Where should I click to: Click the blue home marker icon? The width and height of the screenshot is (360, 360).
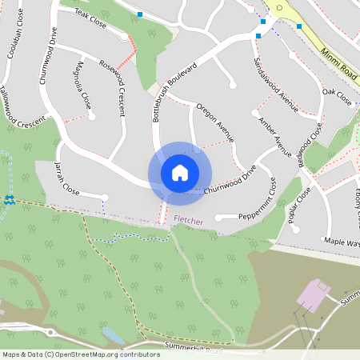click(x=180, y=173)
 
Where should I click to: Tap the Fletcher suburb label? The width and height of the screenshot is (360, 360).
click(x=188, y=219)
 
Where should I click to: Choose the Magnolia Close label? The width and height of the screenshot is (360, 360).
click(x=82, y=85)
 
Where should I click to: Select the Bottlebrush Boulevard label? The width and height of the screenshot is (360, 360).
click(x=174, y=92)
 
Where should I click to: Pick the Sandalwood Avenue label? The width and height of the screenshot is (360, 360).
click(x=275, y=84)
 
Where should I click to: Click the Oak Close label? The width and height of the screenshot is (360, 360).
click(x=337, y=98)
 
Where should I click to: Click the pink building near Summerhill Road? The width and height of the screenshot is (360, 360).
click(x=313, y=296)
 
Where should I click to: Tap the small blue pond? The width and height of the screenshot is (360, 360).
click(x=113, y=334)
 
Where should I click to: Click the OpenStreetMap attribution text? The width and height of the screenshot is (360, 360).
click(x=81, y=354)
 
